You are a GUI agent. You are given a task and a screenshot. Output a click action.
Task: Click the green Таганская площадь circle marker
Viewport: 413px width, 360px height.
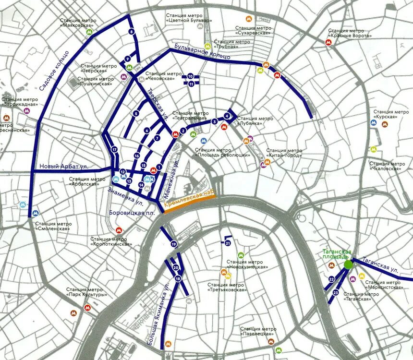coord(348,264)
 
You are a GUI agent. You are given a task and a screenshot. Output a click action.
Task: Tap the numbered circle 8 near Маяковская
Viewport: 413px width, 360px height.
coord(132,32)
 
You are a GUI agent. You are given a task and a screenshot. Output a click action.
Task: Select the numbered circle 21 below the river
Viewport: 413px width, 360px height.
coord(228,243)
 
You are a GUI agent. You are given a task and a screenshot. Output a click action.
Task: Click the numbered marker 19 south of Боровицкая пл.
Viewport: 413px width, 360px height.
coord(173,243)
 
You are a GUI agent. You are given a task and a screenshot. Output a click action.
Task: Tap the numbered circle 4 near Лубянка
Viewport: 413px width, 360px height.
coord(227,116)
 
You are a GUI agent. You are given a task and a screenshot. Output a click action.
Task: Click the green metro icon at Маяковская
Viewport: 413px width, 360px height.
coord(89,32)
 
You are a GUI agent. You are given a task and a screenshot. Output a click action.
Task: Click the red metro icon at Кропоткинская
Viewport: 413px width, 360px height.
coord(119,230)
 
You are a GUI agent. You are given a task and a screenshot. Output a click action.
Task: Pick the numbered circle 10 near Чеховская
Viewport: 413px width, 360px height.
coord(191,76)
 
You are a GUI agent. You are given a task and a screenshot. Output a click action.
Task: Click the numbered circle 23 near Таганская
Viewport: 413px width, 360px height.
coord(336,292)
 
